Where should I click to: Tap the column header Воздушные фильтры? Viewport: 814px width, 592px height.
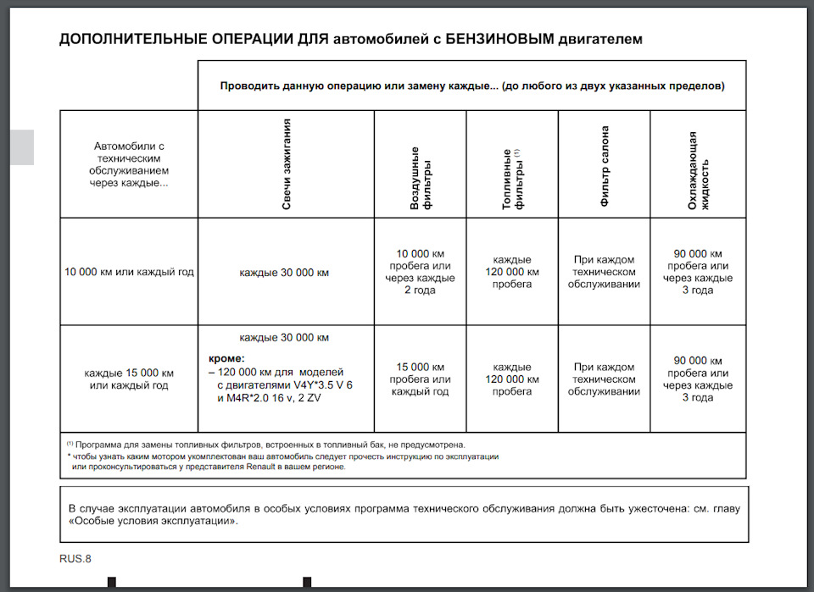(x=420, y=179)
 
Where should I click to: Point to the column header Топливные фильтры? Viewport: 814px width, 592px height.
(x=512, y=179)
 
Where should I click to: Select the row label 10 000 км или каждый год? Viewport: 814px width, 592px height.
(x=129, y=272)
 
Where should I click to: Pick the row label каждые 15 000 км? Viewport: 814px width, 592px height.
(x=129, y=373)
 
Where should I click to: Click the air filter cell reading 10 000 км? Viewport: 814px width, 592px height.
(x=420, y=254)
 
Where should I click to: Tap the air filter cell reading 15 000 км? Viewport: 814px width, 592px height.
(x=420, y=368)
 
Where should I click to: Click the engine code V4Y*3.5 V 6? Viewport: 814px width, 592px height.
(x=318, y=385)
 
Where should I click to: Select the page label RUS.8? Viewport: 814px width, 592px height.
(x=75, y=558)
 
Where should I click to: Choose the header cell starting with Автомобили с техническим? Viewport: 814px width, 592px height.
(x=129, y=164)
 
